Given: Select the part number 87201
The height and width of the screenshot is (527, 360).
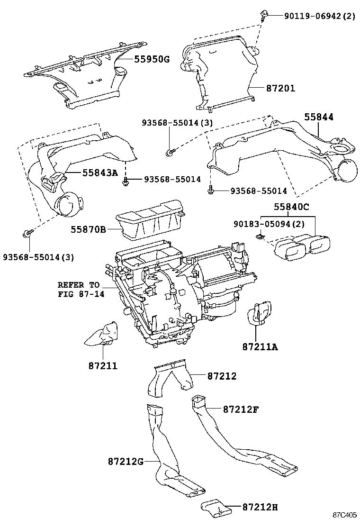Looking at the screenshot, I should pyautogui.click(x=280, y=88).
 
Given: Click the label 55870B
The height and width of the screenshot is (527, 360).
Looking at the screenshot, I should pyautogui.click(x=89, y=230).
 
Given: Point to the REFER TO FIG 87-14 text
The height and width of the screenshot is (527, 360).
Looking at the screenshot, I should pyautogui.click(x=79, y=289).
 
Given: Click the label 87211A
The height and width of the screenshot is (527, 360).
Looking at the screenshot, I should pyautogui.click(x=261, y=347).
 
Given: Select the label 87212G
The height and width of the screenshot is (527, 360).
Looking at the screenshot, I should pyautogui.click(x=125, y=461).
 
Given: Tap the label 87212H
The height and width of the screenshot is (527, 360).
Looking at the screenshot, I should pyautogui.click(x=253, y=507).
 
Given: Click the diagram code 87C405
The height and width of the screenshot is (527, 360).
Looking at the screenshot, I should pyautogui.click(x=344, y=515).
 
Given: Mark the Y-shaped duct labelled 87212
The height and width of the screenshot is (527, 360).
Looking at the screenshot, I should pyautogui.click(x=170, y=380).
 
